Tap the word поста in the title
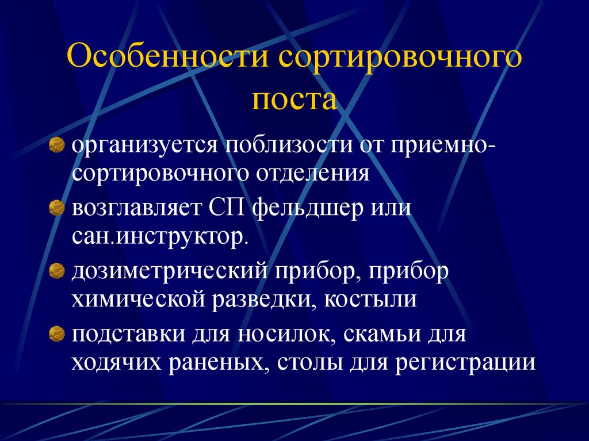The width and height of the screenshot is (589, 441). (294, 99)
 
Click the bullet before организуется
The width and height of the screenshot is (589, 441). (56, 144)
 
